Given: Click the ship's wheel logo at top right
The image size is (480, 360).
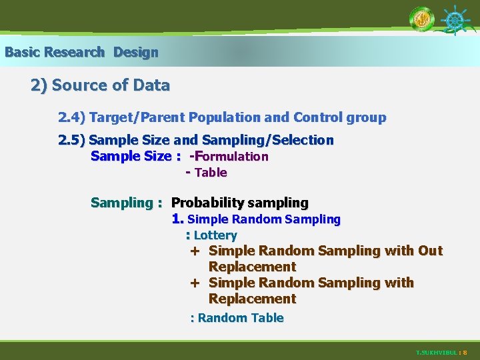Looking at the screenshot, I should [455, 20].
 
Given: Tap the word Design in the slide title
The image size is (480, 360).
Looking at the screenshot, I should [136, 52].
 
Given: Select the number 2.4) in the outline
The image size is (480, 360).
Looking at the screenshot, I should [71, 118].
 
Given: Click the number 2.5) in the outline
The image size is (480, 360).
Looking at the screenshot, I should [71, 141].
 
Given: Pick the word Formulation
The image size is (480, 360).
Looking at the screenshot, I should [231, 157].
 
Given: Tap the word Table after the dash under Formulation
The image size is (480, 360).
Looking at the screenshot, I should [211, 173].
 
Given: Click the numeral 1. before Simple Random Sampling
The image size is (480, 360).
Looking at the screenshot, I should [177, 219].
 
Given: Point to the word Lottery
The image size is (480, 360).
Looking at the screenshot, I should [215, 235].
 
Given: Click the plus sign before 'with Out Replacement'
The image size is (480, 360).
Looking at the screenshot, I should [195, 251].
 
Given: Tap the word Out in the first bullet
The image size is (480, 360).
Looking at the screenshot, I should [430, 251].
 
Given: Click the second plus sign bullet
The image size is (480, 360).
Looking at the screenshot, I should [195, 283].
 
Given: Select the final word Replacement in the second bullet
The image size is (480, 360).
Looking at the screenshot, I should [252, 299].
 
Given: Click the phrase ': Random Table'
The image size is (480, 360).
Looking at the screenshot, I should [237, 318].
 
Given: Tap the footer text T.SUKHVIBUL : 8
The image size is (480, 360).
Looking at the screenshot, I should [441, 352].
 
